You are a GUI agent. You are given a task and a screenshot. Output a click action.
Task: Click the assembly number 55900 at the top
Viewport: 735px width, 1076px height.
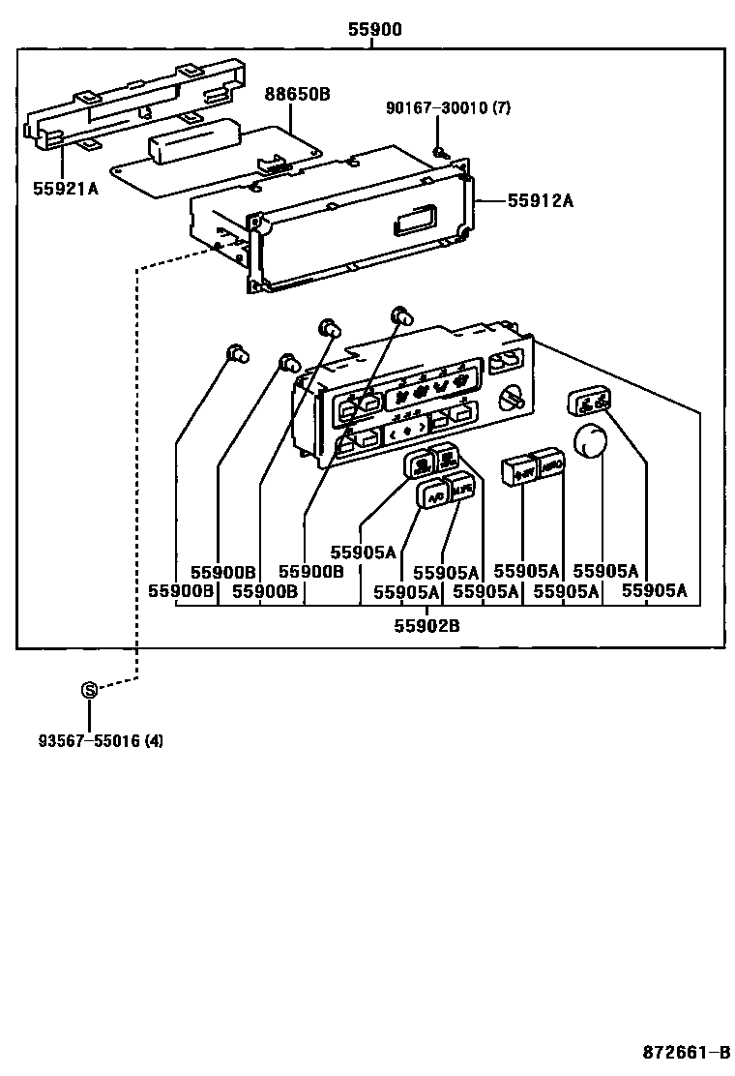click(375, 30)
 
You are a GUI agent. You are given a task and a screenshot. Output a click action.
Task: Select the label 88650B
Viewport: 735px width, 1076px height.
click(298, 94)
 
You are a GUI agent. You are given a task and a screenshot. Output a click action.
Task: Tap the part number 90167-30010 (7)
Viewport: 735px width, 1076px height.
click(449, 108)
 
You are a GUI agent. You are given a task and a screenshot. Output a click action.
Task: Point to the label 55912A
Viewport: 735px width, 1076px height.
click(541, 200)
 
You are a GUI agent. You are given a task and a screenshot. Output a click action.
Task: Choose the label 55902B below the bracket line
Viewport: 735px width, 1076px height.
click(426, 625)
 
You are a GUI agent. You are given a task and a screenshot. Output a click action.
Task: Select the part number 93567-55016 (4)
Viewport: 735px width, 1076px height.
click(101, 741)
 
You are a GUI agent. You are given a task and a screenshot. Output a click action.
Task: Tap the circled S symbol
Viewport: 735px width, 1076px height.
click(89, 690)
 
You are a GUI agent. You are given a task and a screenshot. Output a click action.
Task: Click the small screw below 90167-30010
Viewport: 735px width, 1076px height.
click(439, 151)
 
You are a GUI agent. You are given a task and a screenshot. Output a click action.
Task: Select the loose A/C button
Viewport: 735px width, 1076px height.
click(431, 493)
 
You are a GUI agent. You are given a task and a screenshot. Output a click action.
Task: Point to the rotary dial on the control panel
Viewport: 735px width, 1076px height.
click(512, 397)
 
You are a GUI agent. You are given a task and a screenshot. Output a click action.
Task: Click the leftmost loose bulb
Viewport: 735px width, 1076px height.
click(235, 353)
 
